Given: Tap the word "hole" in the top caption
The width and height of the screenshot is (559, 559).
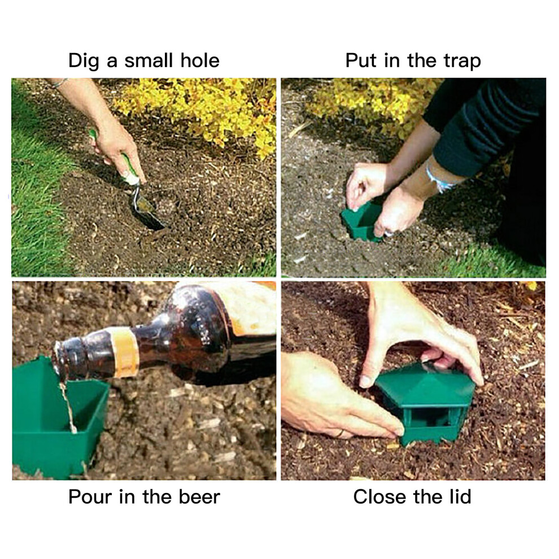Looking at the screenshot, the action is click(x=200, y=60).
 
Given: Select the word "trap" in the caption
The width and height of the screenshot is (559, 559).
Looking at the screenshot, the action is click(x=462, y=61).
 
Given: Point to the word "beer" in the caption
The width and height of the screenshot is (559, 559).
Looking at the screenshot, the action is click(x=199, y=497).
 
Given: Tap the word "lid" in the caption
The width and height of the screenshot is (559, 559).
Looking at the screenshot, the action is click(x=460, y=496).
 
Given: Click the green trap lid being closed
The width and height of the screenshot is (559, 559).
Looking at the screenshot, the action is click(x=426, y=386).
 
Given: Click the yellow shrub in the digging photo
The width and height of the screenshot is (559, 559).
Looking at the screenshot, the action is click(x=200, y=111).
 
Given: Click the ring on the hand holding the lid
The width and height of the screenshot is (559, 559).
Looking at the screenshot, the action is click(x=341, y=433).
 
